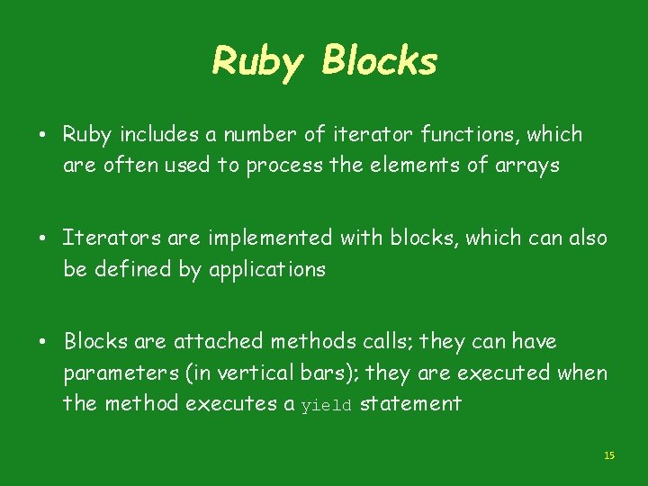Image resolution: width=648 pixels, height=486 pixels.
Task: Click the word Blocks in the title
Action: pos(379,61)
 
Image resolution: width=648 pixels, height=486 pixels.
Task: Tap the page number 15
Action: pos(608,456)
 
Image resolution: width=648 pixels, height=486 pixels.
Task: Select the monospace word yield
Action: pos(327,405)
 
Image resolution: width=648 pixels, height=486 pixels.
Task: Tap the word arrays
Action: pos(527,166)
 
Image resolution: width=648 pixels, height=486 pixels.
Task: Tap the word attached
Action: pos(212,342)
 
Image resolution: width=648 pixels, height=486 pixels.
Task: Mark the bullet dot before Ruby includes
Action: pos(43,136)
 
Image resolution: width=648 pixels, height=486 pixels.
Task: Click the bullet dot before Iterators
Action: pos(43,239)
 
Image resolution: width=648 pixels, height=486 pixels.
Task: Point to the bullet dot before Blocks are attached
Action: pos(43,343)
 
